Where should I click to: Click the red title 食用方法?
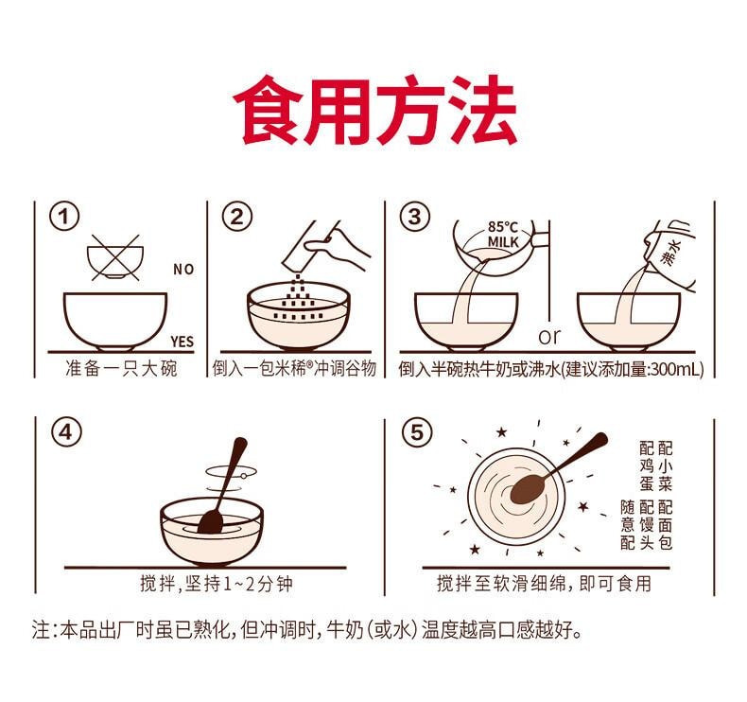[373, 112]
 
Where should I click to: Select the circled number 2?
[237, 218]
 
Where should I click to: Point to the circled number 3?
[412, 218]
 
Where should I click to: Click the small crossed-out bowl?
[114, 256]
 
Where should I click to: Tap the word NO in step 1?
[182, 270]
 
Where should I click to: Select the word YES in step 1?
[182, 342]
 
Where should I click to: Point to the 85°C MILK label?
[503, 235]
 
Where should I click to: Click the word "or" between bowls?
[549, 337]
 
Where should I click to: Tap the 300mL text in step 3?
[673, 368]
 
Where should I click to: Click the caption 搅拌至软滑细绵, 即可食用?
[543, 584]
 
